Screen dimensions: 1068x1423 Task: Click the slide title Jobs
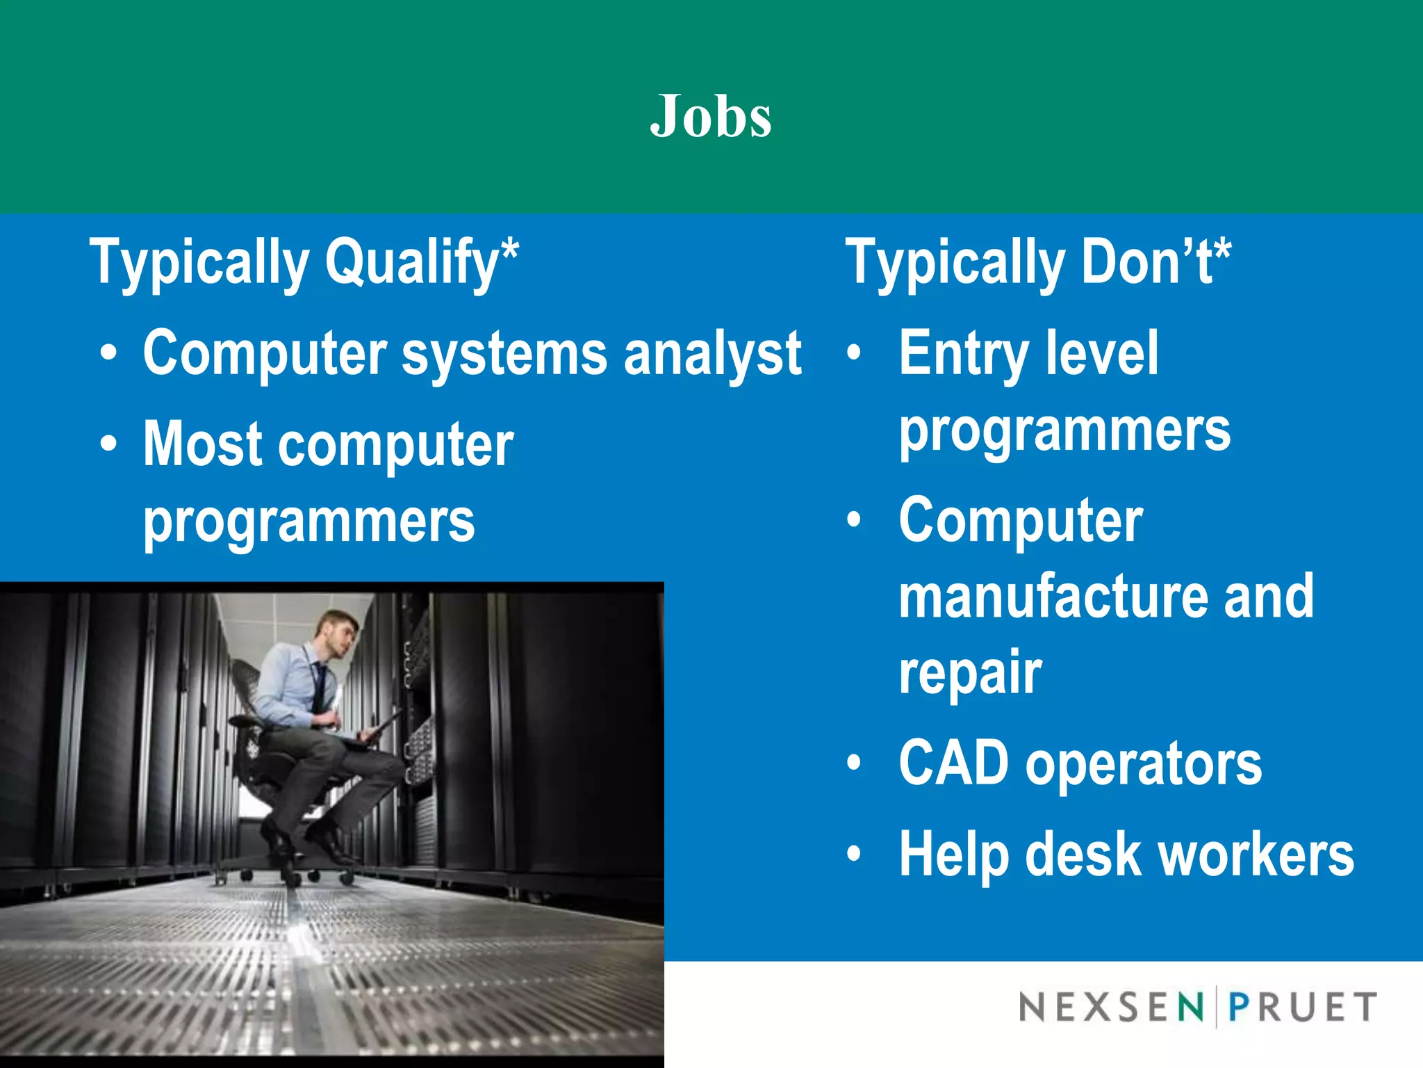click(711, 116)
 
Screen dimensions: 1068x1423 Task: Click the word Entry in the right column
click(963, 355)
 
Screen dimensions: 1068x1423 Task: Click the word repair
click(970, 673)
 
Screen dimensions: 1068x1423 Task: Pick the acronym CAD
click(953, 763)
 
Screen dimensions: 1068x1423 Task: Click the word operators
click(1143, 764)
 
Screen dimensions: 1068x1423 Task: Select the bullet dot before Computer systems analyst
click(108, 353)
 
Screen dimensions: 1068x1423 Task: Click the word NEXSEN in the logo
click(1110, 1007)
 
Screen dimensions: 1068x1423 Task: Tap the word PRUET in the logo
click(1302, 1007)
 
